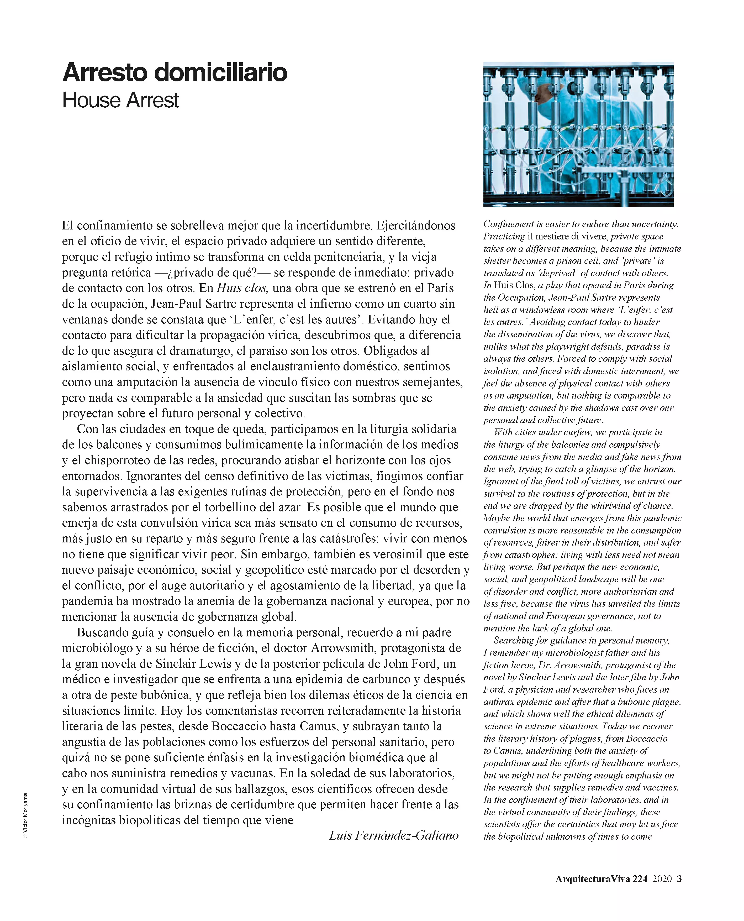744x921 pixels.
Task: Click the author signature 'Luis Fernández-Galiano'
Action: [393, 835]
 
